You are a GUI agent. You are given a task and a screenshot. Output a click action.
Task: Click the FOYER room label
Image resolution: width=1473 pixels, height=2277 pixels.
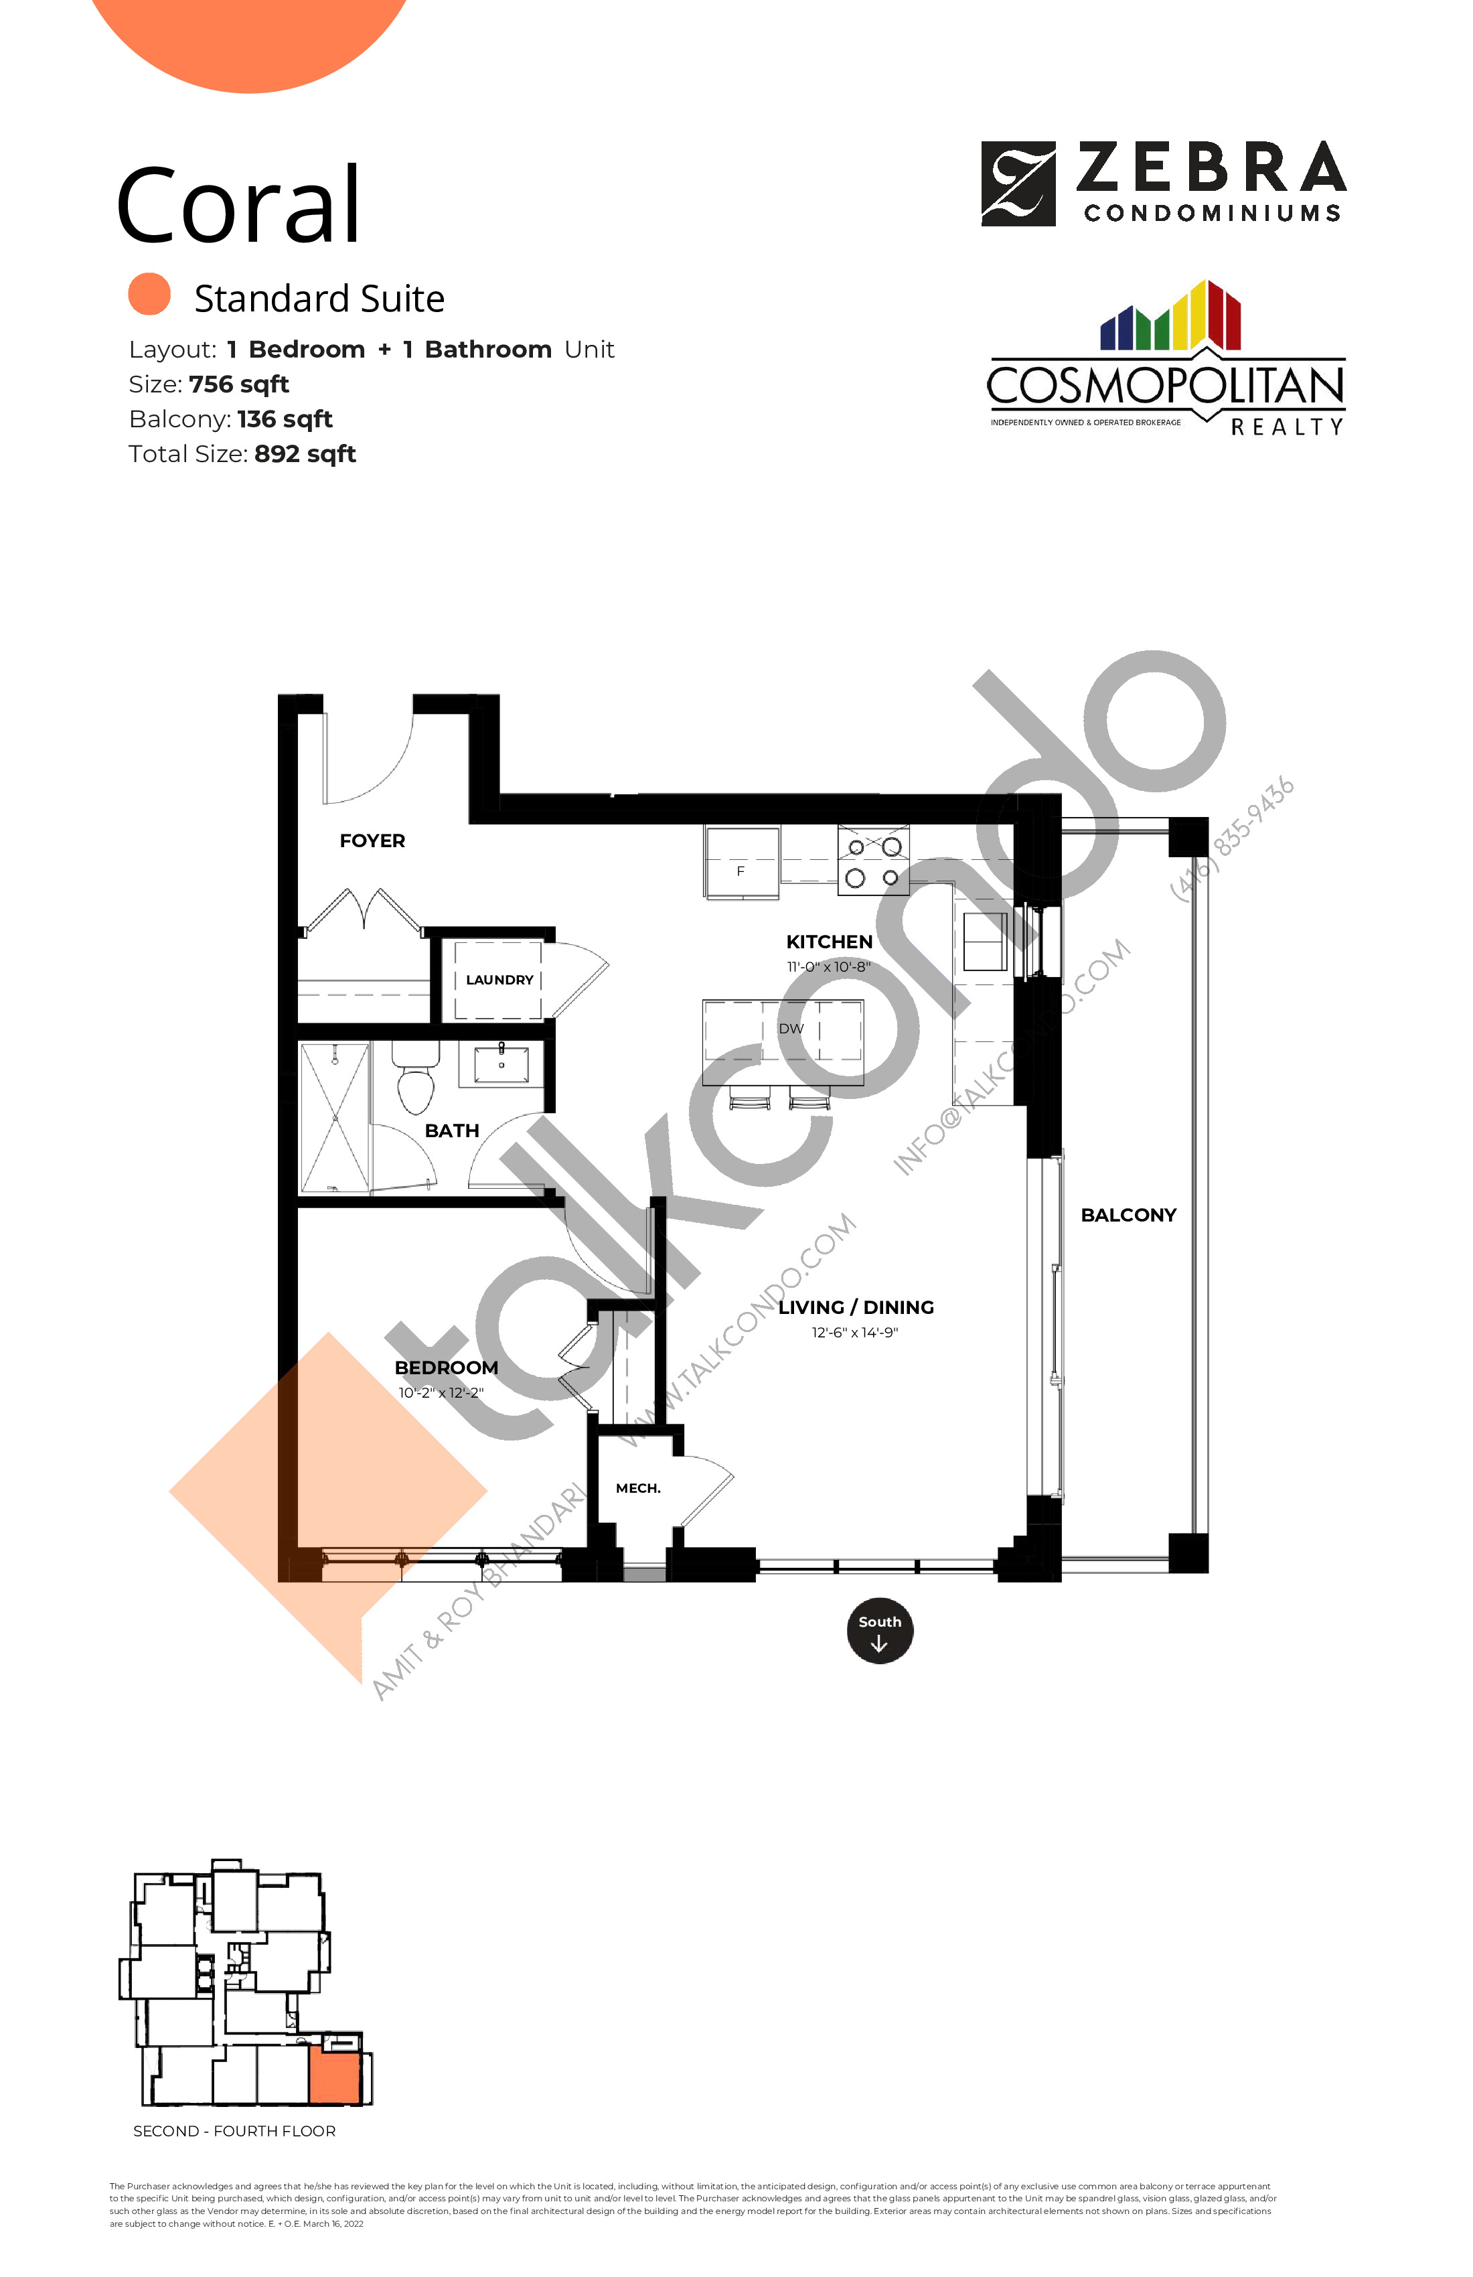click(x=372, y=841)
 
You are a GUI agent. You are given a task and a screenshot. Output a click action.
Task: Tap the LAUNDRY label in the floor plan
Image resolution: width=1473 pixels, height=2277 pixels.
click(x=499, y=980)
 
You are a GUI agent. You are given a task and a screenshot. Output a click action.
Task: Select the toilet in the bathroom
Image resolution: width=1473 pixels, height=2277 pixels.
click(x=415, y=1081)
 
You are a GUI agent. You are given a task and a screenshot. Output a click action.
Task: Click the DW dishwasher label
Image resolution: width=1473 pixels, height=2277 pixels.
click(x=791, y=1029)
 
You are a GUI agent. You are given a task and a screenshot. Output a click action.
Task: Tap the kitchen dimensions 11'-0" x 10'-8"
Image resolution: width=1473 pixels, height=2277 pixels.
click(x=828, y=967)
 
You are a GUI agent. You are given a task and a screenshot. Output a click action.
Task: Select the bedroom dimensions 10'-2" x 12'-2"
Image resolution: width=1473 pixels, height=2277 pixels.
click(x=441, y=1393)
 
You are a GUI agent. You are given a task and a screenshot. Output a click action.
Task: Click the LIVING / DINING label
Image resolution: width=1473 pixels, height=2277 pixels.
click(x=856, y=1307)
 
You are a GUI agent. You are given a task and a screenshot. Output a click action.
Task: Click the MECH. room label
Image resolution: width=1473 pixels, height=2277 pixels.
click(x=638, y=1487)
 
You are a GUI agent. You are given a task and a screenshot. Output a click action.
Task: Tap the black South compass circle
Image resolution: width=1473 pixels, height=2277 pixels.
click(x=879, y=1631)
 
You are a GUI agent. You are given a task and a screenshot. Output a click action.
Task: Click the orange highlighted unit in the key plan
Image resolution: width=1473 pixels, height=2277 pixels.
click(x=334, y=2076)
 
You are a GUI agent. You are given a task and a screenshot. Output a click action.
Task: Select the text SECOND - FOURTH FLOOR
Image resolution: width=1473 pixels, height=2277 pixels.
click(x=234, y=2130)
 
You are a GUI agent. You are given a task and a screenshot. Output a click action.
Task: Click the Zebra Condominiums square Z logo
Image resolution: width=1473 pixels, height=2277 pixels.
click(x=1018, y=183)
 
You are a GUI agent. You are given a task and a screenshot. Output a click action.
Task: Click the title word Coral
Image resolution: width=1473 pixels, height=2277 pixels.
click(x=238, y=206)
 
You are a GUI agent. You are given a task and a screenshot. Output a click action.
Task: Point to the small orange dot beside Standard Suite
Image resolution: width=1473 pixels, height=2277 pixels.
click(x=149, y=295)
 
